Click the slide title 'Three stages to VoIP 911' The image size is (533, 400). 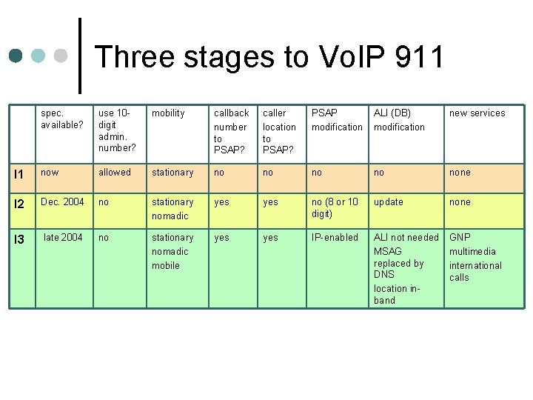(x=269, y=57)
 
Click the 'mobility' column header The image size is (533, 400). (x=168, y=113)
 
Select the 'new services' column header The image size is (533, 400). (x=477, y=113)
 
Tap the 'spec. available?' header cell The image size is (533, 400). (x=62, y=119)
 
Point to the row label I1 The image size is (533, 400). (x=19, y=173)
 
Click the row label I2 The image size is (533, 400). (x=20, y=203)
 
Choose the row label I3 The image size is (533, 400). (x=20, y=239)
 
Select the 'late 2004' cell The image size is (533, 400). (x=63, y=237)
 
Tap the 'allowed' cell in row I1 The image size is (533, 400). (x=115, y=173)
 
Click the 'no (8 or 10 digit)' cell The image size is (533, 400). (x=335, y=207)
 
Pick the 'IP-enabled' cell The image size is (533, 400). (x=335, y=237)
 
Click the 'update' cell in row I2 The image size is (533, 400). (x=389, y=201)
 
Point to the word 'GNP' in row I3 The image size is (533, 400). (x=460, y=237)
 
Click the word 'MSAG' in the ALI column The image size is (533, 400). (x=388, y=251)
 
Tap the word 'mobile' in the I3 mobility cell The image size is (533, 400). (x=166, y=265)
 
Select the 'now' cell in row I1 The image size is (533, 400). (x=50, y=173)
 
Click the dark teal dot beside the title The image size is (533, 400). (x=16, y=56)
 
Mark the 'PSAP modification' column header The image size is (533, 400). (x=337, y=120)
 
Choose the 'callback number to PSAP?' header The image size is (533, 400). (x=231, y=132)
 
